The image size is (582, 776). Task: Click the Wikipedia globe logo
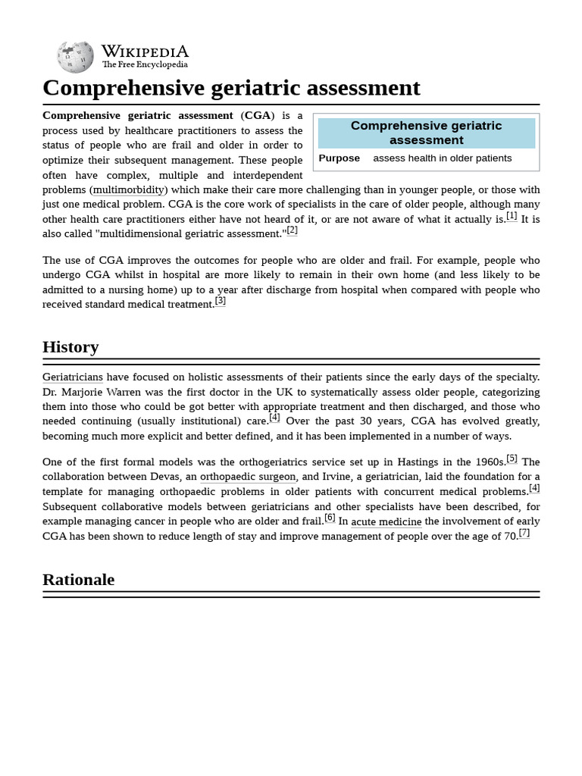click(75, 57)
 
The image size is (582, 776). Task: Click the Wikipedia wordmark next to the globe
click(145, 52)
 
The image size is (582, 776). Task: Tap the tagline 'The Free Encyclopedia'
click(145, 65)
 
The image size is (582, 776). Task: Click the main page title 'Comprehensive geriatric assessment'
click(231, 88)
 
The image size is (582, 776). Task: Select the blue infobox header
click(426, 133)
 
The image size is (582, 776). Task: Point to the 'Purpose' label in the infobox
click(339, 158)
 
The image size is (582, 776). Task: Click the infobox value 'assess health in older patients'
click(442, 158)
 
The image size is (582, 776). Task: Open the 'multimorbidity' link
click(128, 189)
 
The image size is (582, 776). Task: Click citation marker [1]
click(512, 216)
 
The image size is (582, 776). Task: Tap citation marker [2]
click(292, 230)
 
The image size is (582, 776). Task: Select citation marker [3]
click(221, 301)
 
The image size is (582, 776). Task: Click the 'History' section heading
click(70, 347)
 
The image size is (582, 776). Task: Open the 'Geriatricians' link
click(73, 377)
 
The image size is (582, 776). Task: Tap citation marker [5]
click(512, 458)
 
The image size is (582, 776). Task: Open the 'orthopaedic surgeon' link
click(249, 477)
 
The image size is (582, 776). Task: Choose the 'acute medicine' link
click(386, 521)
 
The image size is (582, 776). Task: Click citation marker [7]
click(524, 533)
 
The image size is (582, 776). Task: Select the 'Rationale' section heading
click(78, 580)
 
